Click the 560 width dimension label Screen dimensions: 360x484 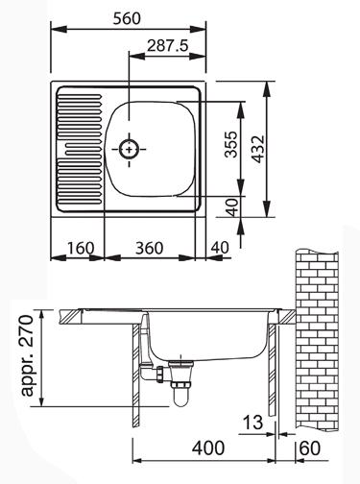click(x=127, y=19)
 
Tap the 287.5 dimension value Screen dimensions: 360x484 click(x=167, y=46)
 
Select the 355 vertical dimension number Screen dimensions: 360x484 click(x=231, y=144)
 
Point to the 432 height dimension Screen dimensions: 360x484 click(x=258, y=149)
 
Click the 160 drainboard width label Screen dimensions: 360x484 click(x=81, y=248)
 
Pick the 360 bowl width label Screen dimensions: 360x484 click(x=149, y=248)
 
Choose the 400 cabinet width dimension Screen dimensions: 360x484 click(x=207, y=448)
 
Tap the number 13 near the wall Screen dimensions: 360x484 click(x=252, y=423)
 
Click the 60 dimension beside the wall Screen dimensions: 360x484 click(x=309, y=448)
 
